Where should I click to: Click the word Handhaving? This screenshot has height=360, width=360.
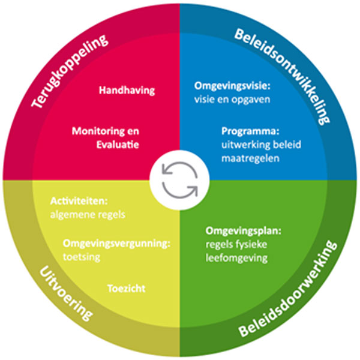click(x=127, y=90)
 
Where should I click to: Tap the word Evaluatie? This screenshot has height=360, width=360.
click(x=119, y=145)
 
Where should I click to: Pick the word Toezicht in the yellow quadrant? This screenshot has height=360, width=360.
click(x=126, y=288)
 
